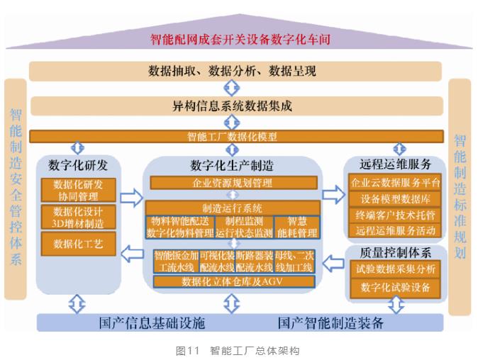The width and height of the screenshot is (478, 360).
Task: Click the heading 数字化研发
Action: [x=79, y=166]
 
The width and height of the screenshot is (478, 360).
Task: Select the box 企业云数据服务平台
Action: [x=396, y=182]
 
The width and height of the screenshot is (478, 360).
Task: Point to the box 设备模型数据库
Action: [x=396, y=198]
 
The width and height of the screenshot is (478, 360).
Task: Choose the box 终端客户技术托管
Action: [x=396, y=215]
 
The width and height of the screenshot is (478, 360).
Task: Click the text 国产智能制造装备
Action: [x=330, y=323]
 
